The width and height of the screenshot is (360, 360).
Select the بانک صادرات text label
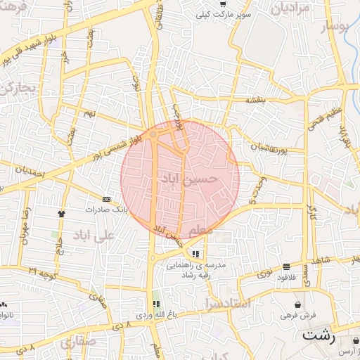pyautogui.click(x=104, y=210)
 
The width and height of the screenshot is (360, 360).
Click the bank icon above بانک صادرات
pyautogui.click(x=106, y=200)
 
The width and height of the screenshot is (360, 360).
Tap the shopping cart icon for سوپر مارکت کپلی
pyautogui.click(x=223, y=4)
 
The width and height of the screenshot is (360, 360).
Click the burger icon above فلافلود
pyautogui.click(x=286, y=266)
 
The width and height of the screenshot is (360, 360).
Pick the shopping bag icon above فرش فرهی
pyautogui.click(x=299, y=304)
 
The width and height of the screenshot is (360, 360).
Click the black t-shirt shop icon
pyautogui.click(x=61, y=212)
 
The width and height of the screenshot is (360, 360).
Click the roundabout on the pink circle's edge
pyautogui.click(x=153, y=133)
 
